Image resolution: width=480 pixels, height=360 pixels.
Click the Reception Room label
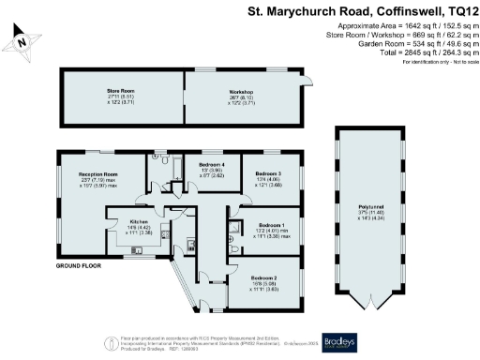pos(97,174)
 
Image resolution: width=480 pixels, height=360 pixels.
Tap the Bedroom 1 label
pos(272,225)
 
